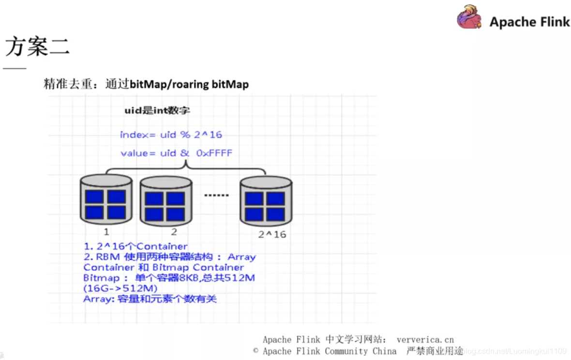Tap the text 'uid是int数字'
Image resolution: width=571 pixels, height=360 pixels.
pos(157,111)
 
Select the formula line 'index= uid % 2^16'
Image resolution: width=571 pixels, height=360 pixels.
pos(171,135)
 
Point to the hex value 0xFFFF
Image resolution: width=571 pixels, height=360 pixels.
pos(214,153)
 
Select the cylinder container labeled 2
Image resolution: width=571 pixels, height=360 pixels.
pos(165,201)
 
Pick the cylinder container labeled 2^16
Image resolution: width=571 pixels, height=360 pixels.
pos(266,201)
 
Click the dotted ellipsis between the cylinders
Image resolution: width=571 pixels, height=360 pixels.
pos(215,195)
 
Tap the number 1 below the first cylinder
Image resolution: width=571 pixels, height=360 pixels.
pos(106,232)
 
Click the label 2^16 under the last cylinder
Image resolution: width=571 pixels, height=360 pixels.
pos(272,235)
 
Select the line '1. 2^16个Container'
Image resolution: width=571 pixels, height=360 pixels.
pos(135,247)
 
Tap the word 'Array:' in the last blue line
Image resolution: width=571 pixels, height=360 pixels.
pos(98,299)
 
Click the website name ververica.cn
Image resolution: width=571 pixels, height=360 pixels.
pos(425,340)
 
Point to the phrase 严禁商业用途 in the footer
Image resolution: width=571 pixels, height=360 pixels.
pos(434,351)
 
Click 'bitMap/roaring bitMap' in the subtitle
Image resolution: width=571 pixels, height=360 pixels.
pos(189,85)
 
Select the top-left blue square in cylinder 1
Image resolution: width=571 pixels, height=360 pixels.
pos(94,197)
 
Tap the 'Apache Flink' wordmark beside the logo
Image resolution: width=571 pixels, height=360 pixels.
pos(529,22)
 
